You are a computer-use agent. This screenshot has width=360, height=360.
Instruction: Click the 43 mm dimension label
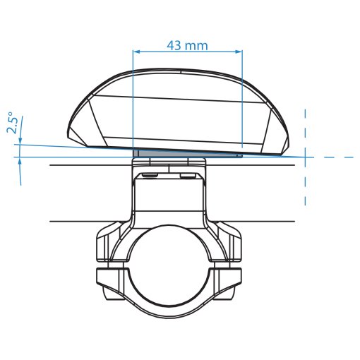pyautogui.click(x=188, y=45)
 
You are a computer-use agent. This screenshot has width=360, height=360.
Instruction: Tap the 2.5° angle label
pyautogui.click(x=13, y=123)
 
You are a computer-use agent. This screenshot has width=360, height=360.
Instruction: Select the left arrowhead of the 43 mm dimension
pyautogui.click(x=136, y=51)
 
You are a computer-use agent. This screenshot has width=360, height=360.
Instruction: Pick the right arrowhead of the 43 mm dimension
pyautogui.click(x=239, y=51)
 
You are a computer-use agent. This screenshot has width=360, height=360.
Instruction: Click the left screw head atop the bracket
pyautogui.click(x=150, y=176)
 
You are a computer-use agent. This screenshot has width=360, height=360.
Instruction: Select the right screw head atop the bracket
pyautogui.click(x=188, y=176)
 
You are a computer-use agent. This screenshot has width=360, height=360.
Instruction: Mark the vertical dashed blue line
pyautogui.click(x=305, y=157)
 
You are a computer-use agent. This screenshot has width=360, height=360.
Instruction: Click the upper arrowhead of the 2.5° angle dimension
pyautogui.click(x=20, y=140)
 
